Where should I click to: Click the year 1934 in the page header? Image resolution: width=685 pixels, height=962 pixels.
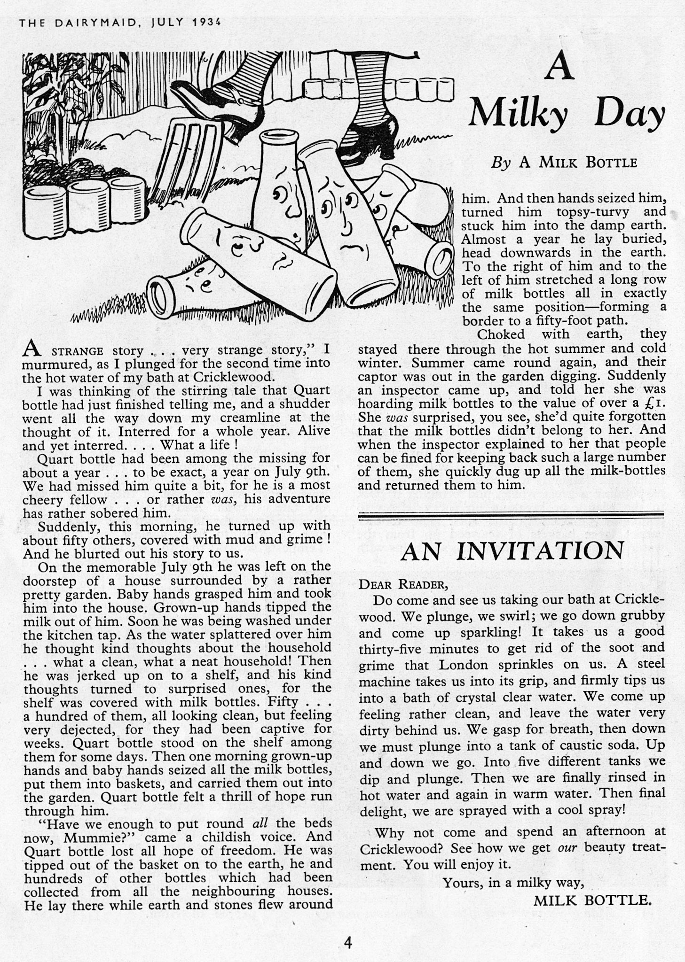click(207, 23)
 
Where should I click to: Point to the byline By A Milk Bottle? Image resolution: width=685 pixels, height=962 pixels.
click(564, 163)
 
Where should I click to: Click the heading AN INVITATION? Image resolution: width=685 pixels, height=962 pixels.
click(512, 551)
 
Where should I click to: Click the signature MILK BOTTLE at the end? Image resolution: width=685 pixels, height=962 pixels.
click(592, 900)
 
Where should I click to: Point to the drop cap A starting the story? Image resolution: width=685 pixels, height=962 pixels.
click(30, 349)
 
